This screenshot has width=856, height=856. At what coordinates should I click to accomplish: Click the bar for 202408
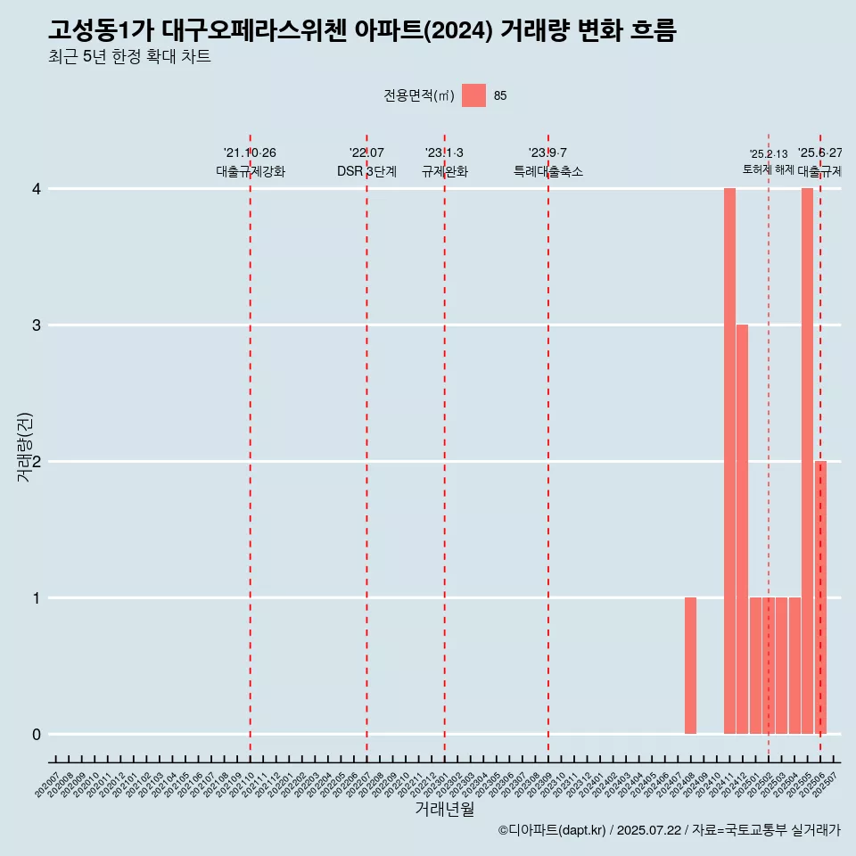(x=690, y=665)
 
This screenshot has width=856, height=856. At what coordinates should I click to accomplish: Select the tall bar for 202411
(x=729, y=461)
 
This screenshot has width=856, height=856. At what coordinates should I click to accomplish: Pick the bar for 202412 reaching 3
(x=742, y=529)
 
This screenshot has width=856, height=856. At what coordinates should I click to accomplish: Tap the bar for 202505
(x=807, y=461)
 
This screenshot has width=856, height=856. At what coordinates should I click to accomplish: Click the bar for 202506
(x=820, y=597)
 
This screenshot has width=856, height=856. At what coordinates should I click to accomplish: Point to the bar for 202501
(x=755, y=665)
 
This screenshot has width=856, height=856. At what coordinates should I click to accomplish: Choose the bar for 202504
(x=794, y=665)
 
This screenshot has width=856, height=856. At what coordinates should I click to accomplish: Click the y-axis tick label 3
(x=37, y=325)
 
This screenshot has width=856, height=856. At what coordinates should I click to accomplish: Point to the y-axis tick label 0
(x=37, y=735)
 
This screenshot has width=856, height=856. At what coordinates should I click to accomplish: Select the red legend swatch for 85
(x=473, y=95)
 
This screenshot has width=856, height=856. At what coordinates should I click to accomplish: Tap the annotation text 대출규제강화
(x=251, y=171)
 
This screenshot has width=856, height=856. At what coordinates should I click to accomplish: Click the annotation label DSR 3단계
(x=366, y=171)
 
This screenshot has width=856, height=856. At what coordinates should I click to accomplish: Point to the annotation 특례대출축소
(x=548, y=171)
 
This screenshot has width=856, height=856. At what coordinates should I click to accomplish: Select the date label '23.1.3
(x=444, y=153)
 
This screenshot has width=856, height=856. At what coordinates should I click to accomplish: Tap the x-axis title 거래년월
(x=444, y=810)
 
